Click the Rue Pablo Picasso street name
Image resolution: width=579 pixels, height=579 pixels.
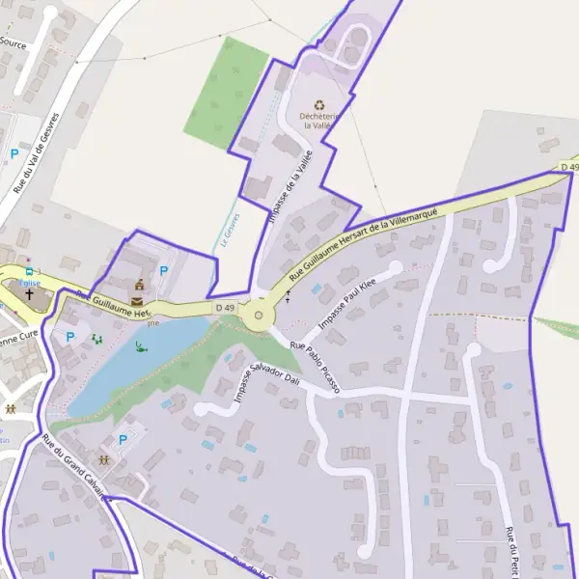point(316,368)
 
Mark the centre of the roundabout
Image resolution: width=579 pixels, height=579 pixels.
point(258,315)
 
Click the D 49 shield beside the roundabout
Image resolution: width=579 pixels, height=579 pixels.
point(225,307)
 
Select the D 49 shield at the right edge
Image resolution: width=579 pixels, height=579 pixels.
point(569,168)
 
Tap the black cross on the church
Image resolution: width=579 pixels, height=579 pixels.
point(29,293)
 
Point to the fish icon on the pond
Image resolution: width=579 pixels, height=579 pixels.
point(142,346)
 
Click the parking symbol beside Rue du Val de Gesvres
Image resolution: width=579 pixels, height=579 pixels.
point(14,153)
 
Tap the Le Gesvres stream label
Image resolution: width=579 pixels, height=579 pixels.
point(229,230)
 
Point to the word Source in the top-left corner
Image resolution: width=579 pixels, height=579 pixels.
point(13,42)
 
